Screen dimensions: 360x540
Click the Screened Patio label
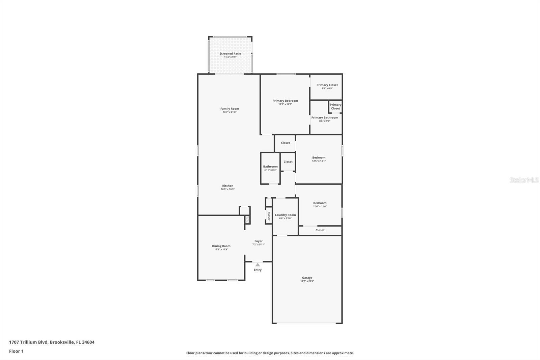(x=230, y=54)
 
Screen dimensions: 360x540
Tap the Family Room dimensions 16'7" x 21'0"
(x=230, y=112)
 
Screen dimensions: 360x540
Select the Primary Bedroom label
(x=285, y=101)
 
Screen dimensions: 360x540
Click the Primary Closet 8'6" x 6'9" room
(x=327, y=86)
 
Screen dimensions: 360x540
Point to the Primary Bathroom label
(x=325, y=118)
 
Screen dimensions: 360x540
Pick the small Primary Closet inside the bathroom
(x=335, y=107)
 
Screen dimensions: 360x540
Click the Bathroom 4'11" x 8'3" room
(x=270, y=168)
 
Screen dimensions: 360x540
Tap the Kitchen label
(x=227, y=186)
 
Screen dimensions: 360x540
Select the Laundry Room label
(x=285, y=215)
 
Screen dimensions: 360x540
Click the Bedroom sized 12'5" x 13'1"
(x=319, y=159)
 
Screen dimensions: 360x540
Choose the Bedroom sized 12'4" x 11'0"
(x=320, y=204)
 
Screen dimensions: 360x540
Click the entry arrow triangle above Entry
(x=258, y=265)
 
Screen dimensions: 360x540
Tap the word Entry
(x=258, y=270)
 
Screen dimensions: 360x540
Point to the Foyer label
(x=259, y=241)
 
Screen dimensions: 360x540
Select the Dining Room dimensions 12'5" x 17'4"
(x=221, y=250)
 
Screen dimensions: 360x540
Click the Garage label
(x=307, y=278)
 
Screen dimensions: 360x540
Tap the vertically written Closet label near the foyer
(x=269, y=216)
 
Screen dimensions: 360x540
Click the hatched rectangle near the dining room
(x=247, y=220)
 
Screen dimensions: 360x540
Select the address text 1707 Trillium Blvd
(x=29, y=342)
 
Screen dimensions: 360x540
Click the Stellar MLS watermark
(x=524, y=180)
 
